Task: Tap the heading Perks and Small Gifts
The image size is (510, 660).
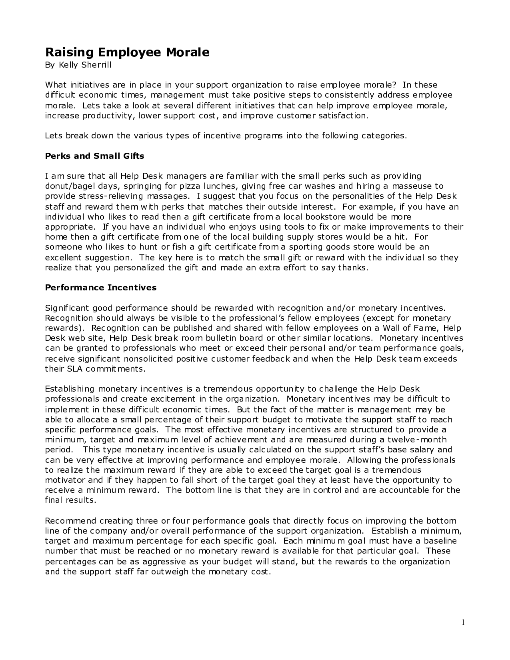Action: [x=94, y=156]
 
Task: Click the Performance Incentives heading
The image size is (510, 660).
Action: [x=101, y=288]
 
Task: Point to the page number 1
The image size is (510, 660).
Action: [x=463, y=622]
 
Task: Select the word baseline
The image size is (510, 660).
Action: [x=440, y=541]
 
